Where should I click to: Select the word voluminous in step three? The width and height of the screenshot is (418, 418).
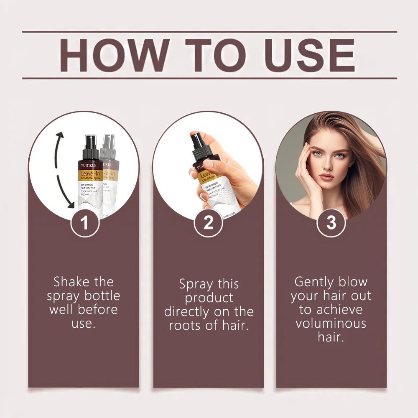point(331,323)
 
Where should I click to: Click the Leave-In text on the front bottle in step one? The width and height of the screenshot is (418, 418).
point(89,173)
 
